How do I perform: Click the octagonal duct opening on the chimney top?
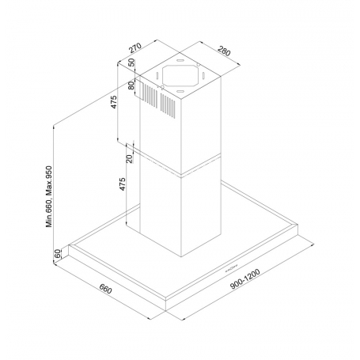[183, 78]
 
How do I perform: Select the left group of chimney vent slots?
[146, 92]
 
